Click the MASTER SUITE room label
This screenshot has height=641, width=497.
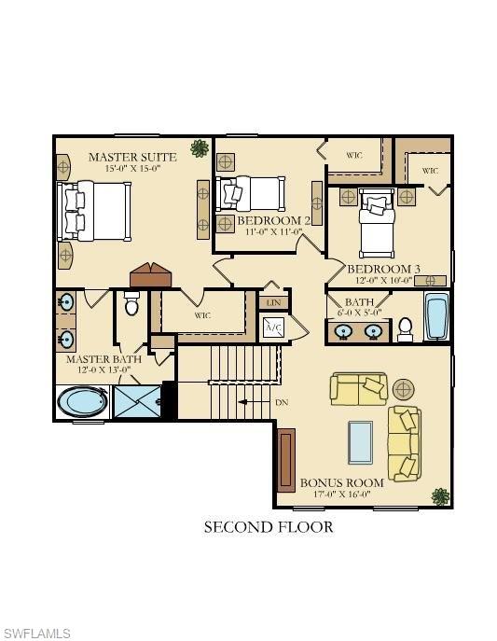coord(132,157)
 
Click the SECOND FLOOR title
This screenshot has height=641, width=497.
coord(269,527)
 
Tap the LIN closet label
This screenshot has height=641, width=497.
coord(273,303)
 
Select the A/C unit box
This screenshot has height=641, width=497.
coord(273,327)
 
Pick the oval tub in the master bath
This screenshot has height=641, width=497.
coord(83,402)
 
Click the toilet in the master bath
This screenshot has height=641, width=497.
coord(131,305)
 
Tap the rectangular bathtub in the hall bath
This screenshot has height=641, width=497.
coord(435,317)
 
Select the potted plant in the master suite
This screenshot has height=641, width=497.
coord(199,147)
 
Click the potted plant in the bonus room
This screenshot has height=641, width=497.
coord(438,495)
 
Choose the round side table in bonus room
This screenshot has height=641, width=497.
coord(403,388)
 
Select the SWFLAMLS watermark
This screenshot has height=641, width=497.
coord(35,634)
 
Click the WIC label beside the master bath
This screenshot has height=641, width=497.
coord(202,315)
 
